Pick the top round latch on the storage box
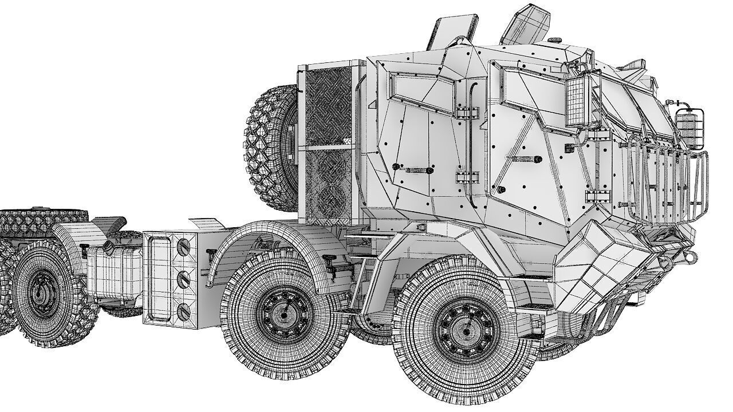pyautogui.click(x=184, y=247)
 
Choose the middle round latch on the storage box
pyautogui.click(x=184, y=280)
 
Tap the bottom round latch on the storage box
pyautogui.click(x=184, y=312)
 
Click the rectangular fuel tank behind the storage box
pyautogui.click(x=115, y=275)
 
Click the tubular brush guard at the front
pyautogui.click(x=667, y=183)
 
